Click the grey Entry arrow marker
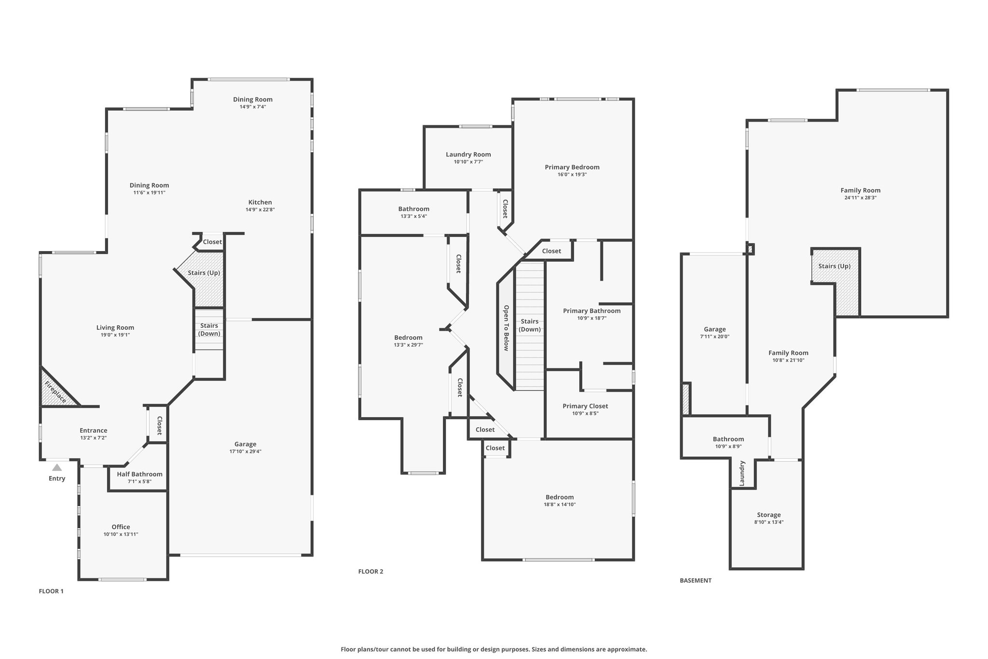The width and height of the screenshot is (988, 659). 57,467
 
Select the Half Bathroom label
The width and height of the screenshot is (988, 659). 139,474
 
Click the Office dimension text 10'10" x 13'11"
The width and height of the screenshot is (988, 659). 121,534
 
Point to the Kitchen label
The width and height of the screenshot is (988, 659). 260,202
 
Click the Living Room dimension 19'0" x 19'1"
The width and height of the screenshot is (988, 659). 115,335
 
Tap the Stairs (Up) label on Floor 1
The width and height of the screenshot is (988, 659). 204,273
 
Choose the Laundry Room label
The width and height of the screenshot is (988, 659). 468,154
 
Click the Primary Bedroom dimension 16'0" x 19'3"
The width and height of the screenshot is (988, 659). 572,174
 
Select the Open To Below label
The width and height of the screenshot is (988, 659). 506,328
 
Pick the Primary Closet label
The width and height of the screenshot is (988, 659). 585,406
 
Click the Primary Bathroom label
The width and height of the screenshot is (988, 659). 592,311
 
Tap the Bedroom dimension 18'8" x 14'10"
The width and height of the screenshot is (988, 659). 560,505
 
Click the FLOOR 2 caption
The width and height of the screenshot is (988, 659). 370,572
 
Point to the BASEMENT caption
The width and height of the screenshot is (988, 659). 696,580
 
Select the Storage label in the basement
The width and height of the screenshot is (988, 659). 768,515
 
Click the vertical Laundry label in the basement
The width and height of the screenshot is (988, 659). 742,473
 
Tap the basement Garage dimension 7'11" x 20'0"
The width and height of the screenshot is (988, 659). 715,337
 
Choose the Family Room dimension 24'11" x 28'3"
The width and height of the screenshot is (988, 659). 861,197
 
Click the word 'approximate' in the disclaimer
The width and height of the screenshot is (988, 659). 627,649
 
